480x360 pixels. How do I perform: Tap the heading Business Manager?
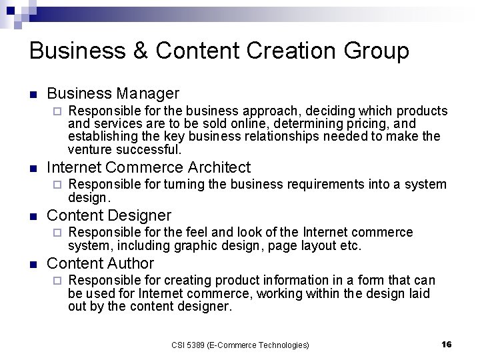[x=113, y=93]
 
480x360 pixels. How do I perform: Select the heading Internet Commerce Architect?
[x=149, y=167]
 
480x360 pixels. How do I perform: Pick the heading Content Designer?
[x=109, y=215]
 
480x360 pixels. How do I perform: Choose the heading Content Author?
[x=101, y=263]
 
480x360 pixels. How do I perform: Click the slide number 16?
[x=446, y=344]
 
